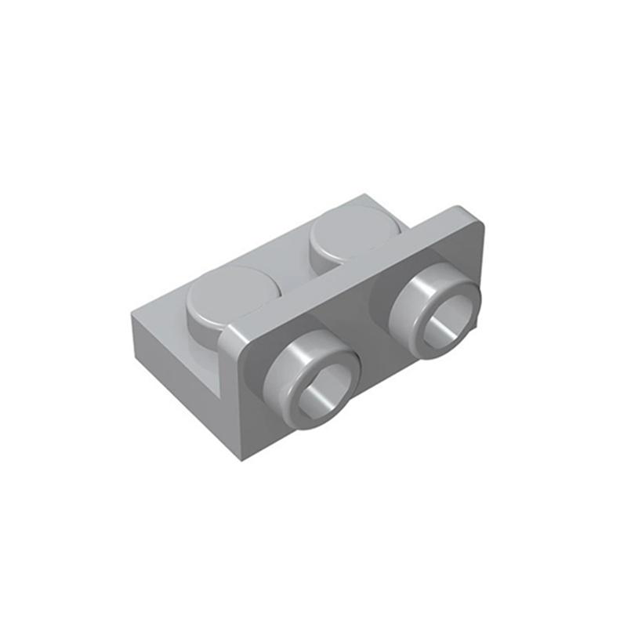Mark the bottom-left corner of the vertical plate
[236, 454]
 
